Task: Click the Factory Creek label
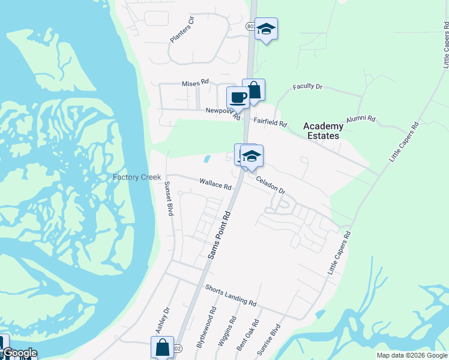coord(136,178)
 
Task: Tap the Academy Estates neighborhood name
coord(323,130)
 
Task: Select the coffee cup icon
coord(238,97)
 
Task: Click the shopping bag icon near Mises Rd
coord(254,90)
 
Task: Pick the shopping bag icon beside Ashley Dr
coord(162,347)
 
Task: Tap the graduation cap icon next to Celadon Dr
coord(252,156)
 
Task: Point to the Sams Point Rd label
coord(219,235)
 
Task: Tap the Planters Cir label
coord(182,29)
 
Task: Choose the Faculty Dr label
coord(307,87)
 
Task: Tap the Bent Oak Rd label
coord(247,335)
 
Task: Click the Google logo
coord(20,353)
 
